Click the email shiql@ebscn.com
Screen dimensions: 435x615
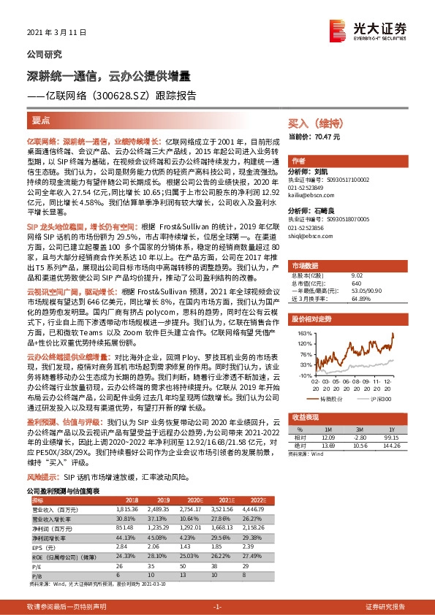[309, 236]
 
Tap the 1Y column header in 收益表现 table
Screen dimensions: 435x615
[392, 429]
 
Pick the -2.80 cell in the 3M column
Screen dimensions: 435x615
[359, 437]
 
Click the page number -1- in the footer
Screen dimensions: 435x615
[217, 607]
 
